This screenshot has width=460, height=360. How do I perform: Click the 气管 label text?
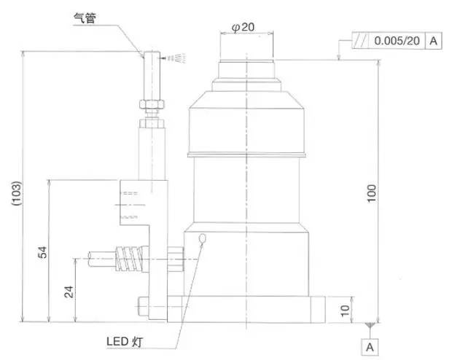click(85, 18)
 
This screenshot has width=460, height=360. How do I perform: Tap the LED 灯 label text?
click(125, 342)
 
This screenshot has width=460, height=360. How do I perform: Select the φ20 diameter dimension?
click(243, 27)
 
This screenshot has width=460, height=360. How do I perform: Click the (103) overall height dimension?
click(17, 193)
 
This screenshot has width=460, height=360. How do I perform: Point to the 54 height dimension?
click(42, 252)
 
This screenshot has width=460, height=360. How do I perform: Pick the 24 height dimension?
click(69, 292)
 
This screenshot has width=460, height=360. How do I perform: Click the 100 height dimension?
click(371, 193)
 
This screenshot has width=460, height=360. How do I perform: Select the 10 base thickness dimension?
click(345, 310)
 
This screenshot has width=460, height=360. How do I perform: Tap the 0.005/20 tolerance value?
click(397, 41)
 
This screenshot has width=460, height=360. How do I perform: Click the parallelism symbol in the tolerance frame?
click(360, 40)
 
